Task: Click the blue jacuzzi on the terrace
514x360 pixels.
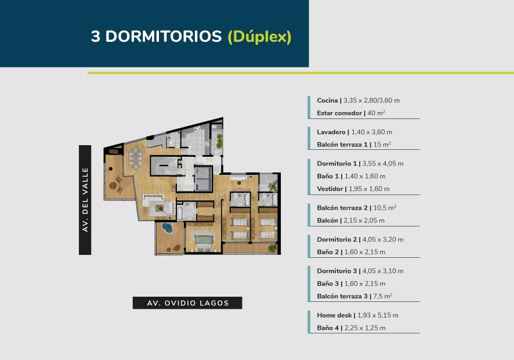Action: tap(167, 228)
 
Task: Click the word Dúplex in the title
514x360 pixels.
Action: tap(260, 36)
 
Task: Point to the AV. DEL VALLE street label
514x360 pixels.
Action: tap(85, 200)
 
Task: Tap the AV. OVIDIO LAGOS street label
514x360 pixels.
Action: tap(187, 303)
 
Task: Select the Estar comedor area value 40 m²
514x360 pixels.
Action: tap(377, 113)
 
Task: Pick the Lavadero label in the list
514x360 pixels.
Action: tap(331, 132)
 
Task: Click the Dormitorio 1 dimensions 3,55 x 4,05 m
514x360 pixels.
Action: tap(383, 163)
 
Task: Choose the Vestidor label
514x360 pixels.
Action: tap(330, 189)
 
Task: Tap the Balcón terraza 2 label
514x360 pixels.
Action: tap(342, 208)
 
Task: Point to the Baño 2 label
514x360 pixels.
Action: tap(328, 252)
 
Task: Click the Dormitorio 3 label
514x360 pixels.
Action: tap(337, 271)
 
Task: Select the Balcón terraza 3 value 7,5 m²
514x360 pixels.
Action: tap(383, 296)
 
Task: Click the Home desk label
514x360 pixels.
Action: tap(334, 315)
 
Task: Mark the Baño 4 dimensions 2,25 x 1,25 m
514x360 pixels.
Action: tap(365, 328)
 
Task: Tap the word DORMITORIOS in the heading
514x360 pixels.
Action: tap(164, 36)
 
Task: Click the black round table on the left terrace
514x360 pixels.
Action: tap(111, 169)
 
